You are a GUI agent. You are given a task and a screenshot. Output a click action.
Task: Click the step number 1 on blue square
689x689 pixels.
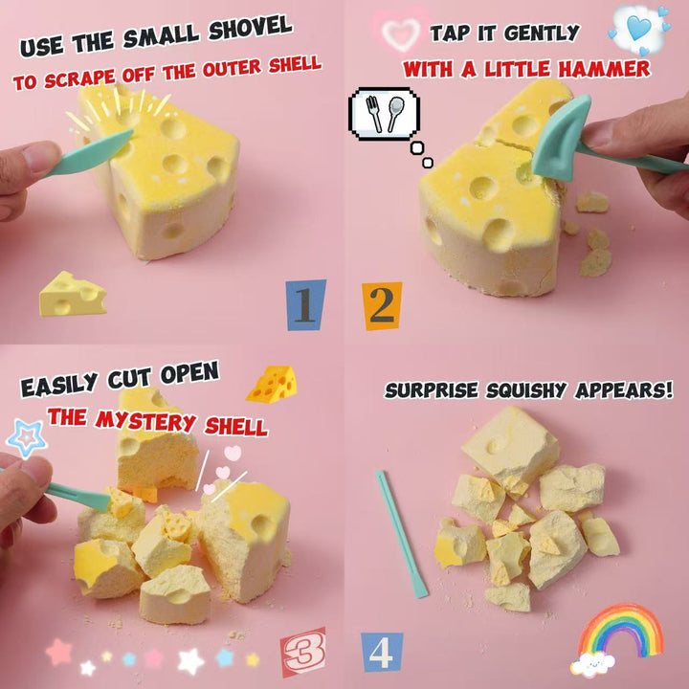pos(306,305)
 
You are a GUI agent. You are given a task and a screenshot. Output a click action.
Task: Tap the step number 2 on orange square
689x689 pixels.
pos(382,306)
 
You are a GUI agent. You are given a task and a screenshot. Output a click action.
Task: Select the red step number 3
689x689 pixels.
pos(303,652)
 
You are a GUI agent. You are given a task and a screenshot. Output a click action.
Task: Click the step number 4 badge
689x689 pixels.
pos(382,652)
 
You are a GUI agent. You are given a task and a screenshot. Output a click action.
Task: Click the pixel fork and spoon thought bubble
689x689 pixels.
pos(384,114)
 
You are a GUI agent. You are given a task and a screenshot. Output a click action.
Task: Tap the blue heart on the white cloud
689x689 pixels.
pos(639,28)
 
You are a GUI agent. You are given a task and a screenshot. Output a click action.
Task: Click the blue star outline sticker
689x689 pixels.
pos(27,438)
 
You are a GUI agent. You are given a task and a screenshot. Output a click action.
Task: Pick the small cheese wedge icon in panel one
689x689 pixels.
pos(73,294)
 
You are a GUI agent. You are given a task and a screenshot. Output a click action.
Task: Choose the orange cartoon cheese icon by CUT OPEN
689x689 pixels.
pos(273,384)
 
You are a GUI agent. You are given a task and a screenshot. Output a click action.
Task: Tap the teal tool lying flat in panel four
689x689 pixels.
pos(401,534)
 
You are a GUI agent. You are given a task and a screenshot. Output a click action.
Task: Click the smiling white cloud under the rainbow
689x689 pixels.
pos(592,663)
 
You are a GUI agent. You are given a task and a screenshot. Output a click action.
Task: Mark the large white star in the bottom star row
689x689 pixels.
pos(190,661)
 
